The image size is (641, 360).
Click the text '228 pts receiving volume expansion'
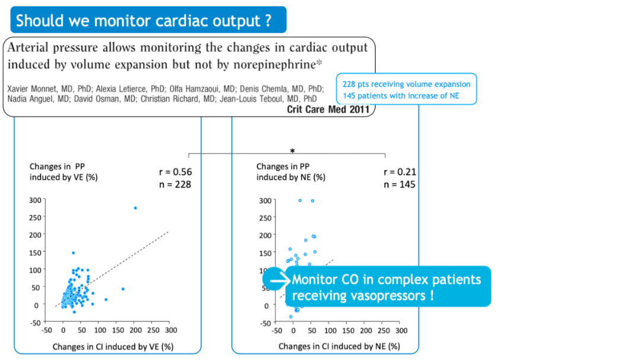coord(406,84)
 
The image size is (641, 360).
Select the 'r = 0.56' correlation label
coord(176,173)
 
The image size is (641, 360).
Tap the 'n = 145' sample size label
coord(399,184)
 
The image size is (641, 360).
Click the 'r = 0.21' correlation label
coord(399,173)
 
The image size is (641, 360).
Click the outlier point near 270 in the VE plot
coord(135,208)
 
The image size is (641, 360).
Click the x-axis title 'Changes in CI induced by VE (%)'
coord(113,346)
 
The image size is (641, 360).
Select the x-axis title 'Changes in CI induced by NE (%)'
coord(339,346)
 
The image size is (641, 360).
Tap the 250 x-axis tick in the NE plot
coord(384,331)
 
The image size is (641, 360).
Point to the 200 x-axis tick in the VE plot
coord(135,330)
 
